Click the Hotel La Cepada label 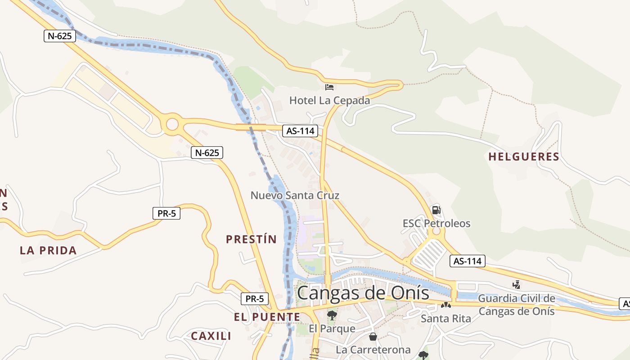pyautogui.click(x=329, y=100)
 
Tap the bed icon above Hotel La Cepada pyautogui.click(x=329, y=87)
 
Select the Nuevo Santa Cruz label pyautogui.click(x=295, y=195)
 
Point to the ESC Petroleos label pyautogui.click(x=436, y=223)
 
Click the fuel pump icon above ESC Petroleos pyautogui.click(x=436, y=210)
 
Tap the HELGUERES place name pyautogui.click(x=524, y=157)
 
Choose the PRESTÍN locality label pyautogui.click(x=251, y=239)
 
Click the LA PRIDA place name pyautogui.click(x=48, y=251)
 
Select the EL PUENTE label pyautogui.click(x=267, y=317)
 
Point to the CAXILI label pyautogui.click(x=211, y=336)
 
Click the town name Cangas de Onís pyautogui.click(x=363, y=293)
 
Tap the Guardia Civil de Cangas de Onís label pyautogui.click(x=517, y=305)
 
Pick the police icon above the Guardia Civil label pyautogui.click(x=517, y=284)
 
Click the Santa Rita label pyautogui.click(x=446, y=319)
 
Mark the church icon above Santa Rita pyautogui.click(x=446, y=305)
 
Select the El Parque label pyautogui.click(x=332, y=328)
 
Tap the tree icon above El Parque pyautogui.click(x=332, y=315)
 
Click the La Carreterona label pyautogui.click(x=373, y=350)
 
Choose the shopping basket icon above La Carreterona pyautogui.click(x=373, y=336)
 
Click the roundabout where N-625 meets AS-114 pyautogui.click(x=172, y=124)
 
